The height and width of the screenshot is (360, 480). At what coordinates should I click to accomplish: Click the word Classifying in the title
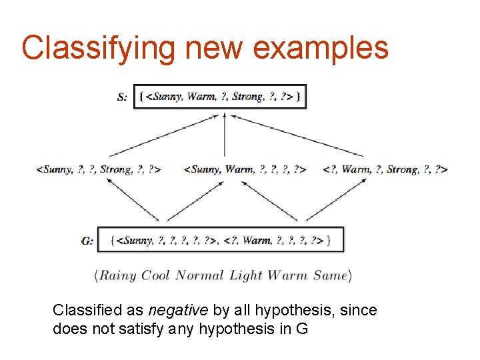pyautogui.click(x=98, y=48)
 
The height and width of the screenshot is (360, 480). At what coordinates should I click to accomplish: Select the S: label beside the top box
pyautogui.click(x=123, y=97)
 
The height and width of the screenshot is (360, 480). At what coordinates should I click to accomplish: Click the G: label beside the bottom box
pyautogui.click(x=87, y=241)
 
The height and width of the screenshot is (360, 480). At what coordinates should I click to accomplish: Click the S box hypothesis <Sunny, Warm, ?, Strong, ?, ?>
pyautogui.click(x=223, y=97)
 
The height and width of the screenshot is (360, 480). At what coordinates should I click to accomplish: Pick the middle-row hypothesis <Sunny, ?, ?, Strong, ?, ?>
pyautogui.click(x=98, y=169)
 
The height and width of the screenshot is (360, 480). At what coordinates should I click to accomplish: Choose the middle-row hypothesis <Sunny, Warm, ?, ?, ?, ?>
pyautogui.click(x=245, y=169)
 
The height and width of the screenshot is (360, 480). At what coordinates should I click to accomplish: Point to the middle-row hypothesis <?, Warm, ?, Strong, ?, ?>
pyautogui.click(x=385, y=169)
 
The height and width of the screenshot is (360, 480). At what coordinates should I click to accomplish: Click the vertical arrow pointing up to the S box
pyautogui.click(x=225, y=133)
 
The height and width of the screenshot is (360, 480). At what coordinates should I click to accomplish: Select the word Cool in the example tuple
pyautogui.click(x=155, y=275)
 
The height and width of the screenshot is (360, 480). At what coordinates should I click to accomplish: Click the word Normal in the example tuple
pyautogui.click(x=200, y=275)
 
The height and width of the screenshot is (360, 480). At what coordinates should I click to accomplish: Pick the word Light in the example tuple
pyautogui.click(x=245, y=275)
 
